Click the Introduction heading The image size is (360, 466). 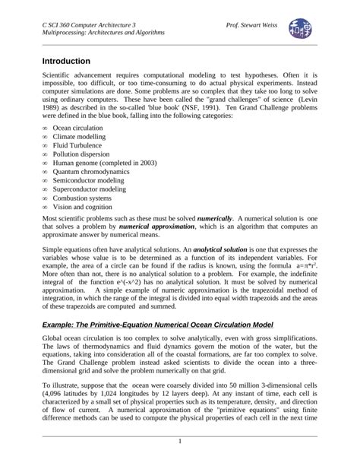66,61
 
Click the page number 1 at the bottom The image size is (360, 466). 180,442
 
